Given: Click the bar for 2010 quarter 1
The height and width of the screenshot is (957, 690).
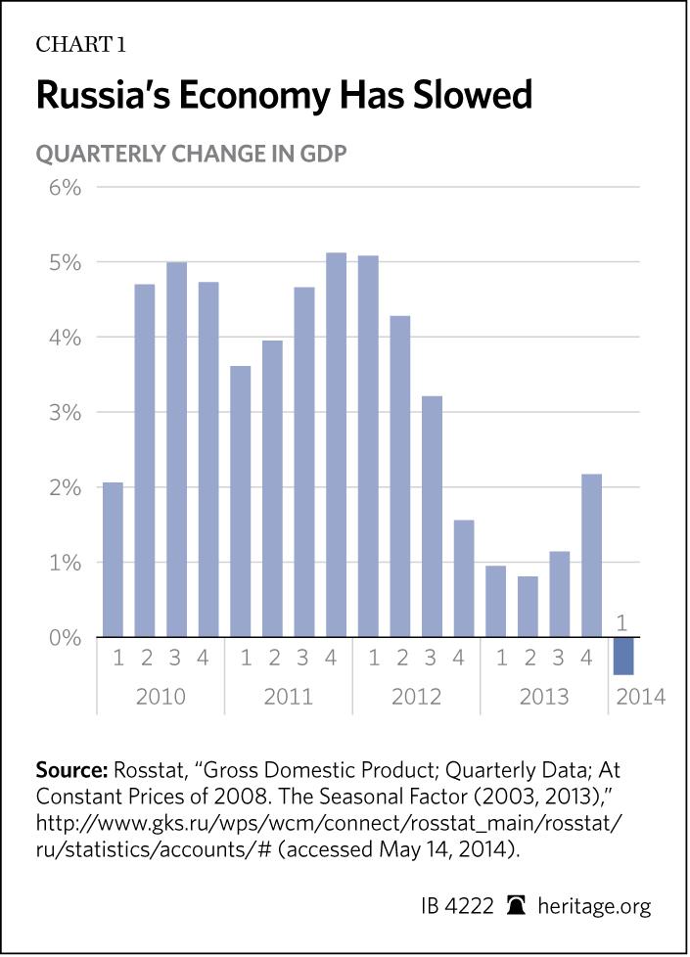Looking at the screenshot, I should [114, 560].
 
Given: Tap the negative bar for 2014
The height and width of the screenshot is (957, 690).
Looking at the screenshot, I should [622, 656].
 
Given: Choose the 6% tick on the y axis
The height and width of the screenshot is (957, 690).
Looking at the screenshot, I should [60, 186].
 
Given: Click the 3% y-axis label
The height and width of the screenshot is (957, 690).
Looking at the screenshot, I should [60, 412].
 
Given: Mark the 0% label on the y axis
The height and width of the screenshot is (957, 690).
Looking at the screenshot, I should [60, 637].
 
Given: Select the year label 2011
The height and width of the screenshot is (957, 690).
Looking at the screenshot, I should [288, 697].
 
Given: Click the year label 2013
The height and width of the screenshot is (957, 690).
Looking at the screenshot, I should [543, 697].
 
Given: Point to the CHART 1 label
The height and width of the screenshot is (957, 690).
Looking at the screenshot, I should [80, 45].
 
